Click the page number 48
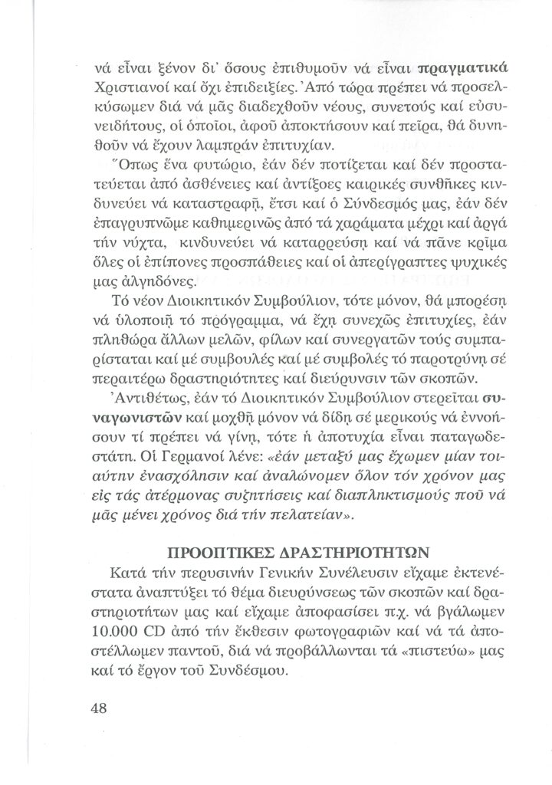pos(97,708)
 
